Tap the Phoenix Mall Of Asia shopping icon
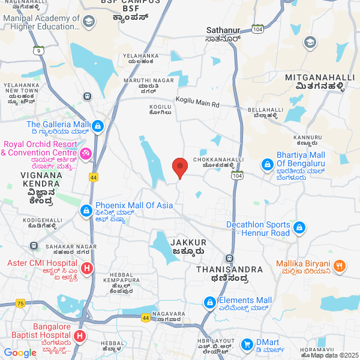click(x=86, y=211)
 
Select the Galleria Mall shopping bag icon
click(x=98, y=127)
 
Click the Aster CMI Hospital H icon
click(x=87, y=268)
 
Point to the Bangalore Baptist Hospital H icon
click(x=80, y=337)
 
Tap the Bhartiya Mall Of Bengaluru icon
click(x=268, y=164)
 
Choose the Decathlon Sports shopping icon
click(x=299, y=228)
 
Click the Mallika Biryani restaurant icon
click(x=340, y=265)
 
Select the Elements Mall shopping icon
click(x=210, y=302)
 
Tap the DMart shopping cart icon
click(x=247, y=344)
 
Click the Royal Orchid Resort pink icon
click(x=86, y=155)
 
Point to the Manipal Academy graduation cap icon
click(x=89, y=22)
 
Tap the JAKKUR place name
click(x=189, y=242)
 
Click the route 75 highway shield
click(x=20, y=304)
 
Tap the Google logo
click(x=20, y=352)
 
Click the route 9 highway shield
click(x=39, y=51)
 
